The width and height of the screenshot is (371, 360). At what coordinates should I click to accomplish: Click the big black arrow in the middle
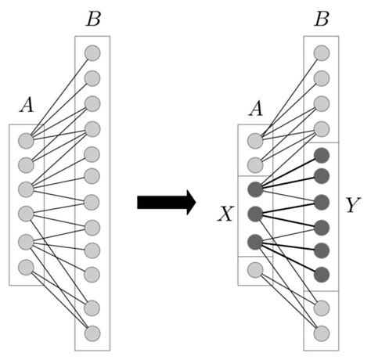pos(165,203)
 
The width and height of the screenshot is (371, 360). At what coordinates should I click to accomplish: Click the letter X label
pos(225,213)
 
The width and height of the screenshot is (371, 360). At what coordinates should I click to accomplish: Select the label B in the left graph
pos(93,20)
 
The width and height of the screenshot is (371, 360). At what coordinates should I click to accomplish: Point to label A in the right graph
pos(254,110)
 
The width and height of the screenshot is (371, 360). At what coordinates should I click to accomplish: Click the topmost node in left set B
pos(92,53)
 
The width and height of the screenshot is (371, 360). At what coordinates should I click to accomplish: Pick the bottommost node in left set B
pos(92,332)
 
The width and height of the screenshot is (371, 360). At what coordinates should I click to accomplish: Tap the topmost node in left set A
pos(25,141)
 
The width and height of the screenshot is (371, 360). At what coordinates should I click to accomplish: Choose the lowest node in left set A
pos(25,266)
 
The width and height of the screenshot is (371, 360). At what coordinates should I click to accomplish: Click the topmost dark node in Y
pos(321,154)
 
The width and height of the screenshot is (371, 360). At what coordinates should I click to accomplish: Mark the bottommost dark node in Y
pos(321,275)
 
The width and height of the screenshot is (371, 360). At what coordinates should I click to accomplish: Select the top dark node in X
pos(254,189)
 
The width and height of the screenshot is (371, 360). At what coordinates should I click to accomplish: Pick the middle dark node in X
pos(254,214)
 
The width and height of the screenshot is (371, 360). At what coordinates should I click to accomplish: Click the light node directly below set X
pos(254,269)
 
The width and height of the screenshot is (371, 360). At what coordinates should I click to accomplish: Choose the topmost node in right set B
pos(321,53)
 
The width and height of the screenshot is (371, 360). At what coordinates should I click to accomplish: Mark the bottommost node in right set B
pos(321,332)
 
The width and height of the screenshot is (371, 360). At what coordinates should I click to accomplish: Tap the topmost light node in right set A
pos(254,141)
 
